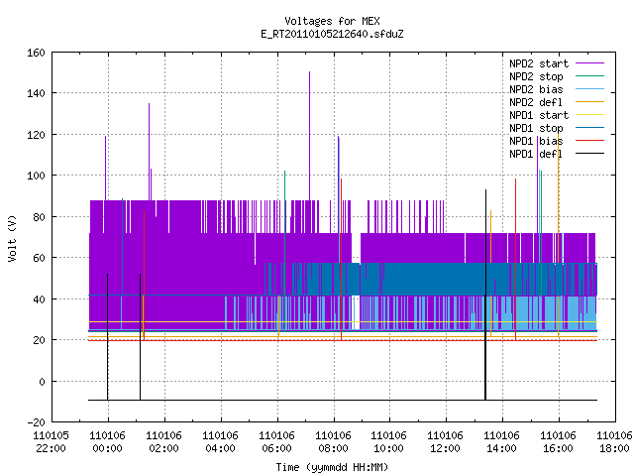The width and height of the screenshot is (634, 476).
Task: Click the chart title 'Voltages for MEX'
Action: click(332, 21)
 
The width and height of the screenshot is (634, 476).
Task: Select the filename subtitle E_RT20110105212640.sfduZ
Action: click(332, 34)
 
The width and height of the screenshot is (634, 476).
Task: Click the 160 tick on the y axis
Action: click(36, 53)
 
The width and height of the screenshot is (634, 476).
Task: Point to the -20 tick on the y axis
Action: click(36, 422)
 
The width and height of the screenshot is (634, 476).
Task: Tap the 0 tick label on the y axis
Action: click(42, 382)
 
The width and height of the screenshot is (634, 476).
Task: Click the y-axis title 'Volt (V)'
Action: click(12, 238)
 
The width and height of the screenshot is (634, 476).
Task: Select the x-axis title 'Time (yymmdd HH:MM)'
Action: click(332, 467)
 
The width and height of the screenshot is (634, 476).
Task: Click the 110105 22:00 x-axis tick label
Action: click(51, 442)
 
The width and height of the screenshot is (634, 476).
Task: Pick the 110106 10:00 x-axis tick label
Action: click(388, 442)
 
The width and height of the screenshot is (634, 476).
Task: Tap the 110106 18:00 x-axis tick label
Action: click(614, 442)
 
